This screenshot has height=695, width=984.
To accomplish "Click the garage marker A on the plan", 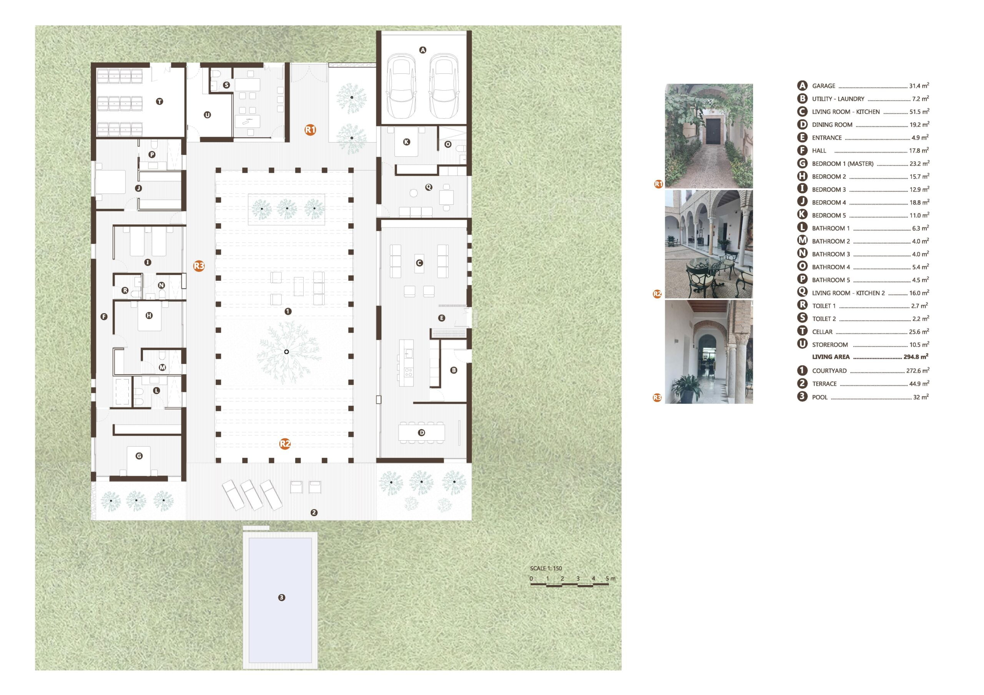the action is pyautogui.click(x=422, y=50).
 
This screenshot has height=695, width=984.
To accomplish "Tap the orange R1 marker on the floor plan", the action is pyautogui.click(x=310, y=129).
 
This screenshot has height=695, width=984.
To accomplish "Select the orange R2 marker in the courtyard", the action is pyautogui.click(x=285, y=444).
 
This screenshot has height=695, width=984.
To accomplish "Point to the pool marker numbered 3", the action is pyautogui.click(x=282, y=597).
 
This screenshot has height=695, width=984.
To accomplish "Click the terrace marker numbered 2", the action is pyautogui.click(x=314, y=513).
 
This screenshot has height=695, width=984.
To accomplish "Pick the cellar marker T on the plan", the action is pyautogui.click(x=160, y=101).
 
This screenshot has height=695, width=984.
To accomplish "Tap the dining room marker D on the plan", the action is pyautogui.click(x=422, y=433).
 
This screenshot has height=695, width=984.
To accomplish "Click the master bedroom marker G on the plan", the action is pyautogui.click(x=139, y=456).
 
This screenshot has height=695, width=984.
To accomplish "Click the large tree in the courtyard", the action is pyautogui.click(x=287, y=352).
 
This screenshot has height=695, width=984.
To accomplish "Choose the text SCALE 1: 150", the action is pyautogui.click(x=545, y=569).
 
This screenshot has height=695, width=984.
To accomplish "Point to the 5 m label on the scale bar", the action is pyautogui.click(x=610, y=579).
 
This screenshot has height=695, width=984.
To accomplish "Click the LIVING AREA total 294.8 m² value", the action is pyautogui.click(x=916, y=357).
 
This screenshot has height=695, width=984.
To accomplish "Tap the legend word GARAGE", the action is pyautogui.click(x=824, y=86).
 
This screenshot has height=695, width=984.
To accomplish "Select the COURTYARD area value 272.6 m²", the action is pyautogui.click(x=918, y=371).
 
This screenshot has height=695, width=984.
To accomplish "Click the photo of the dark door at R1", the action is pyautogui.click(x=709, y=136).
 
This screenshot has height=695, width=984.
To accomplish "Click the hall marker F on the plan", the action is pyautogui.click(x=104, y=317).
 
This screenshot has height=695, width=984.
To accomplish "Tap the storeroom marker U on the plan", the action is pyautogui.click(x=208, y=115).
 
